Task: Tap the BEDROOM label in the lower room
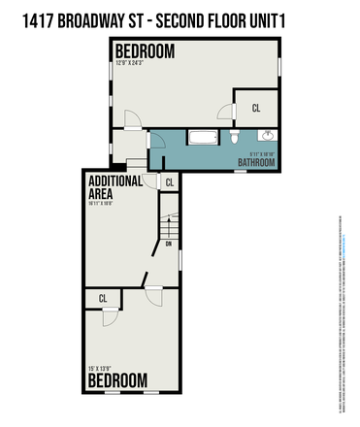coord(116,379)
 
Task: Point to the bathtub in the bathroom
coord(203,138)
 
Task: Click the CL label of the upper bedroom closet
coord(256,107)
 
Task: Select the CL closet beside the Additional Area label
coord(169,181)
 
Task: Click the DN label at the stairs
coord(169,245)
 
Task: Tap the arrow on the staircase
coord(169,225)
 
